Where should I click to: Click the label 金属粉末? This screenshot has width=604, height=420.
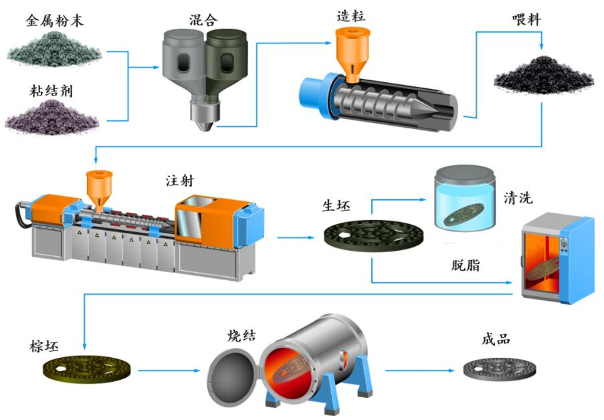point(55,21)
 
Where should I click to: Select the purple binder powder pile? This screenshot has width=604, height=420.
point(52,118)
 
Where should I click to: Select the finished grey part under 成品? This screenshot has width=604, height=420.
point(500,365)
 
